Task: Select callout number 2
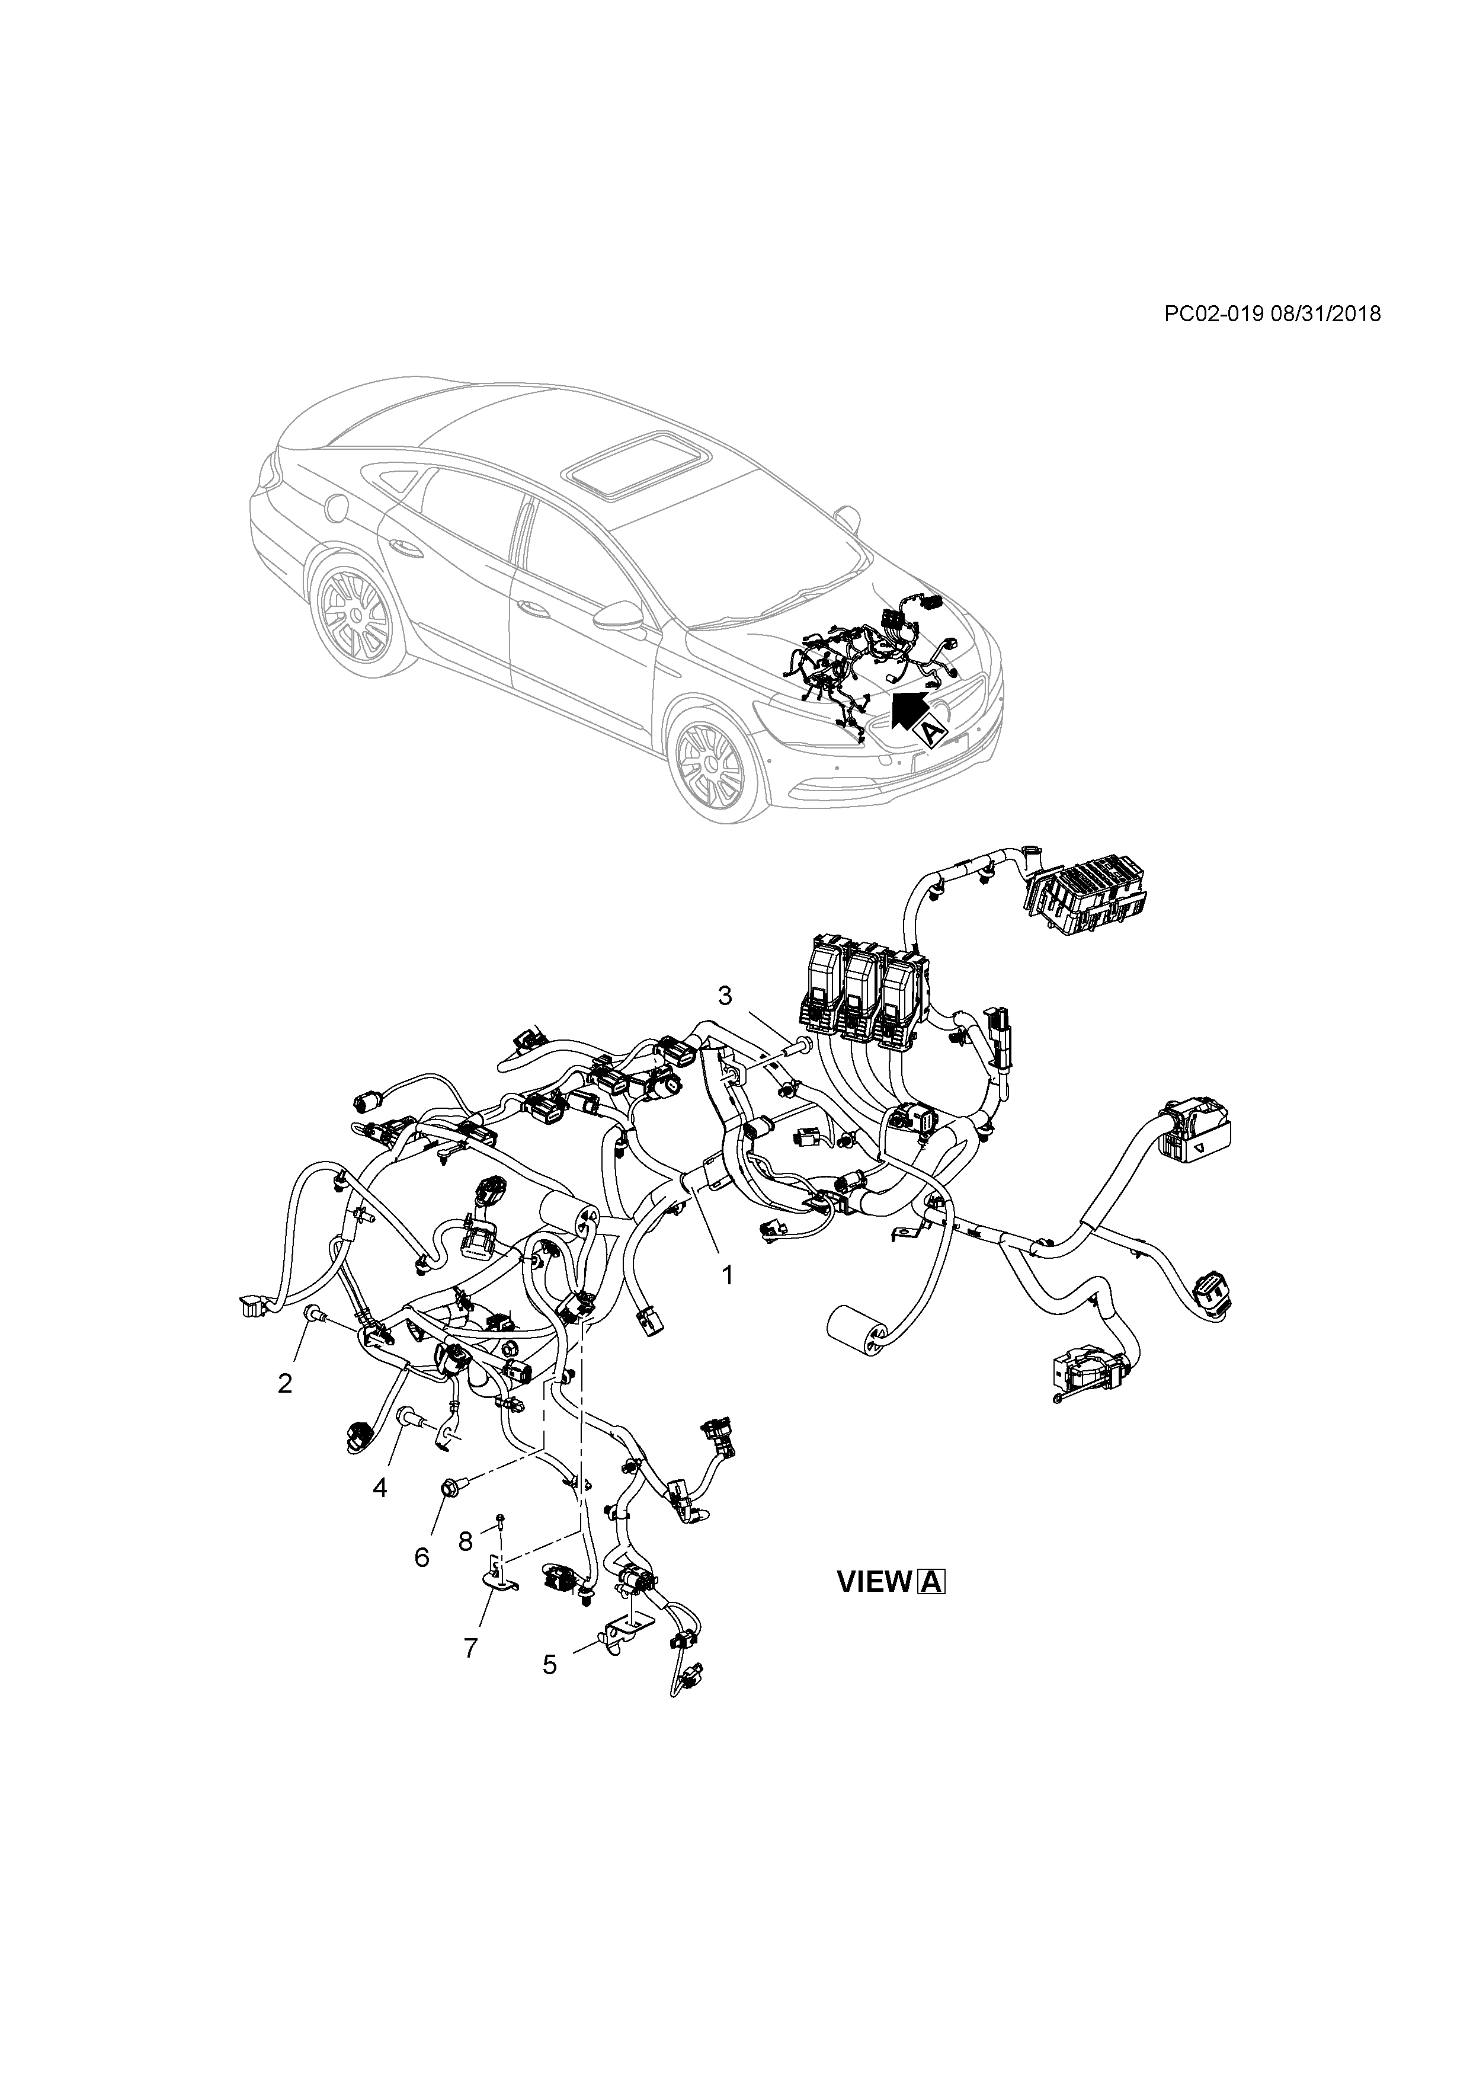point(285,1383)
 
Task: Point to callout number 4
point(380,1487)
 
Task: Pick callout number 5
point(549,1664)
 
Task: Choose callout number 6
point(422,1556)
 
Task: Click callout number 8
point(465,1539)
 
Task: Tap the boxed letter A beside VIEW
point(931,1582)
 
